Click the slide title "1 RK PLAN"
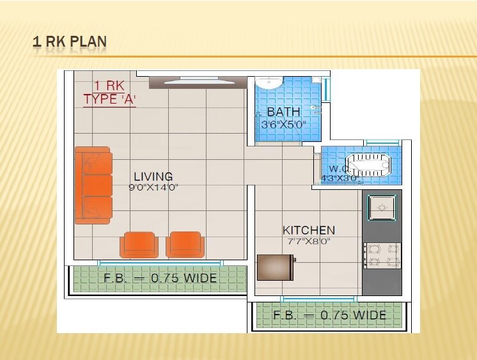(x=70, y=42)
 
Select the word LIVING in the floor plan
(x=153, y=176)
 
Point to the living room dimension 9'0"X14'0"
(x=153, y=188)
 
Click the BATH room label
(x=283, y=113)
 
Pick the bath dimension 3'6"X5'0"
(x=283, y=125)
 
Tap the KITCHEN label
(x=309, y=230)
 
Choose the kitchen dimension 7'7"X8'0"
(x=309, y=242)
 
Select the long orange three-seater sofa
(x=93, y=185)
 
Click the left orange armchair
(x=139, y=244)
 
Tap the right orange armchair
(x=185, y=244)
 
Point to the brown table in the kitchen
(x=276, y=267)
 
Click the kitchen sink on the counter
(x=382, y=207)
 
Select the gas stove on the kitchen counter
(x=382, y=255)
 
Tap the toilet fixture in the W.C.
(x=368, y=164)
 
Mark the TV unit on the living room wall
(x=198, y=82)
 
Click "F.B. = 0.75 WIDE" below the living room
(x=160, y=279)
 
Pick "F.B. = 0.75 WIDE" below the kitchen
(x=329, y=315)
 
